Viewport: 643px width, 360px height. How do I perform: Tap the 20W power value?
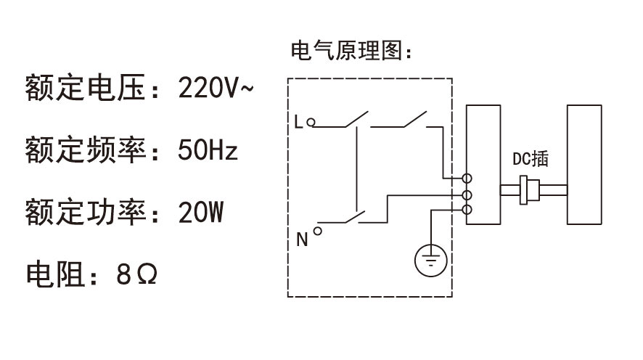(x=200, y=213)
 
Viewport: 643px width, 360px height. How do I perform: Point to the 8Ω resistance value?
(x=136, y=275)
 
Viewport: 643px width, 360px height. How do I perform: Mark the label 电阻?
(x=54, y=275)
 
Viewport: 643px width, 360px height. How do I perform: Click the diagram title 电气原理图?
(x=347, y=52)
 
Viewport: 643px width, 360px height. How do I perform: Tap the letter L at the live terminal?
(x=298, y=122)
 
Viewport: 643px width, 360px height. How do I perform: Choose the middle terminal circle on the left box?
(x=468, y=195)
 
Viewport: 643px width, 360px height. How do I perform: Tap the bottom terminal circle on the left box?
(x=468, y=210)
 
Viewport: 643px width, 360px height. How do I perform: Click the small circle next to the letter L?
(x=311, y=123)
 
